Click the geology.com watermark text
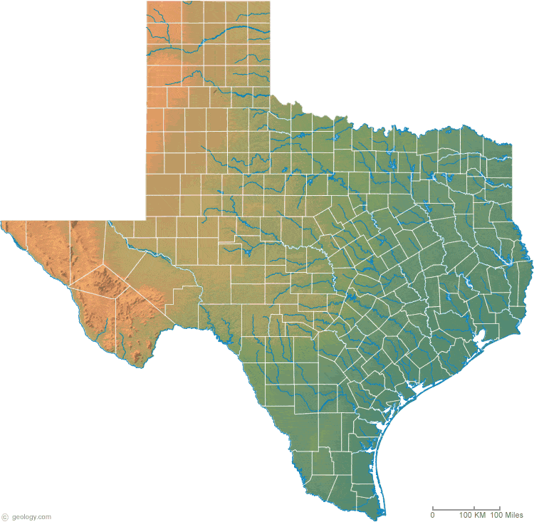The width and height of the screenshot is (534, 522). tap(31, 516)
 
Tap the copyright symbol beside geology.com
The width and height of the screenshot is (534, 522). tap(5, 516)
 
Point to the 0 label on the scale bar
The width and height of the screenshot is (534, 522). tap(433, 515)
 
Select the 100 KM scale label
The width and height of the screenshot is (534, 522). tap(473, 515)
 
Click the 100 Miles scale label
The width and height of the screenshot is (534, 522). tap(506, 515)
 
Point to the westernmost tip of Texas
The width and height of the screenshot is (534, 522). tap(2, 223)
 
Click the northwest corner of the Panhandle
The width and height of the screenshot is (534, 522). tap(147, 2)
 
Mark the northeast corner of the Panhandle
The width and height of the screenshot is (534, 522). tap(271, 2)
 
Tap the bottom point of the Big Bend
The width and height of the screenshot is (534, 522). tap(142, 365)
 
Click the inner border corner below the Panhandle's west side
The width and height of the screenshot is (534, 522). tap(147, 219)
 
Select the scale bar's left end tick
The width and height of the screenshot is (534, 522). tap(433, 508)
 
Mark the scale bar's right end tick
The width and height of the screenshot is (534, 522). tap(499, 508)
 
